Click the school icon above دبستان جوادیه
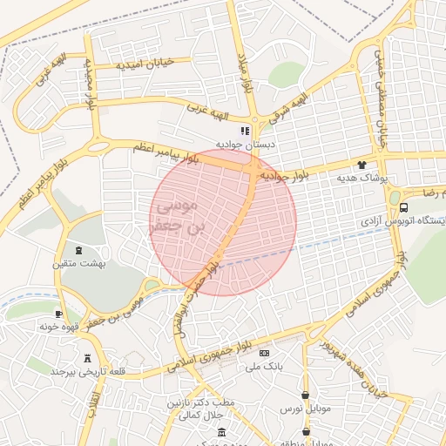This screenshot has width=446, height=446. tap(245, 130)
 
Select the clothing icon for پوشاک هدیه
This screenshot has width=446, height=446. tap(362, 165)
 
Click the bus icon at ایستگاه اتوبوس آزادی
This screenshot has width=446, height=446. tap(403, 207)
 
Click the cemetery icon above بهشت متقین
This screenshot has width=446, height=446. tap(78, 250)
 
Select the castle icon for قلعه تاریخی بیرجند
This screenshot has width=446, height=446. tap(86, 358)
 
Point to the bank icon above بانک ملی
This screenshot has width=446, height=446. tap(264, 353)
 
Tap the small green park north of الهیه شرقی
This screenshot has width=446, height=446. tap(286, 74)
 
